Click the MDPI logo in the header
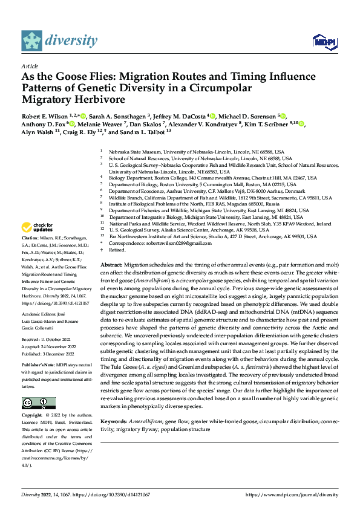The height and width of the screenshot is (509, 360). pos(322,41)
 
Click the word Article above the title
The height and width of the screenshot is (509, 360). pos(30,65)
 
